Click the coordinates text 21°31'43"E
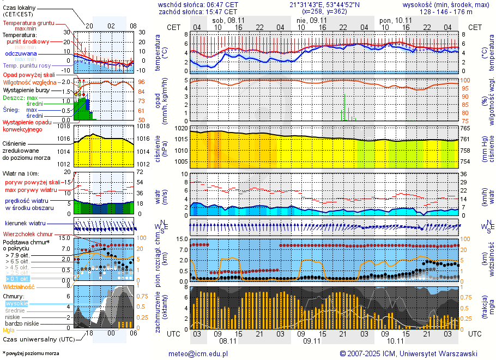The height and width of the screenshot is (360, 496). tap(311, 4)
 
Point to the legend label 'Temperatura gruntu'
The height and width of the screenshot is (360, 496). tap(28, 23)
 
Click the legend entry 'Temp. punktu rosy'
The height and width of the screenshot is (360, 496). tap(27, 65)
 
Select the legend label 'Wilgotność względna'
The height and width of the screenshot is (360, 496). tap(29, 82)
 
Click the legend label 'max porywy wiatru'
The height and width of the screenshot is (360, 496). tap(31, 190)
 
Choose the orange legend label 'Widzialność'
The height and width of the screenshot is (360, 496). tap(19, 286)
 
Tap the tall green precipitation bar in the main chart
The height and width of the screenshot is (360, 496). tap(344, 107)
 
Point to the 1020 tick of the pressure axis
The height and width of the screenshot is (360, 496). tap(181, 128)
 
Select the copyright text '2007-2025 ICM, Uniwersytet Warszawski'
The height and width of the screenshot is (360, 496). tap(412, 353)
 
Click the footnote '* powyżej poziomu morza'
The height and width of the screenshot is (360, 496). tap(30, 353)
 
